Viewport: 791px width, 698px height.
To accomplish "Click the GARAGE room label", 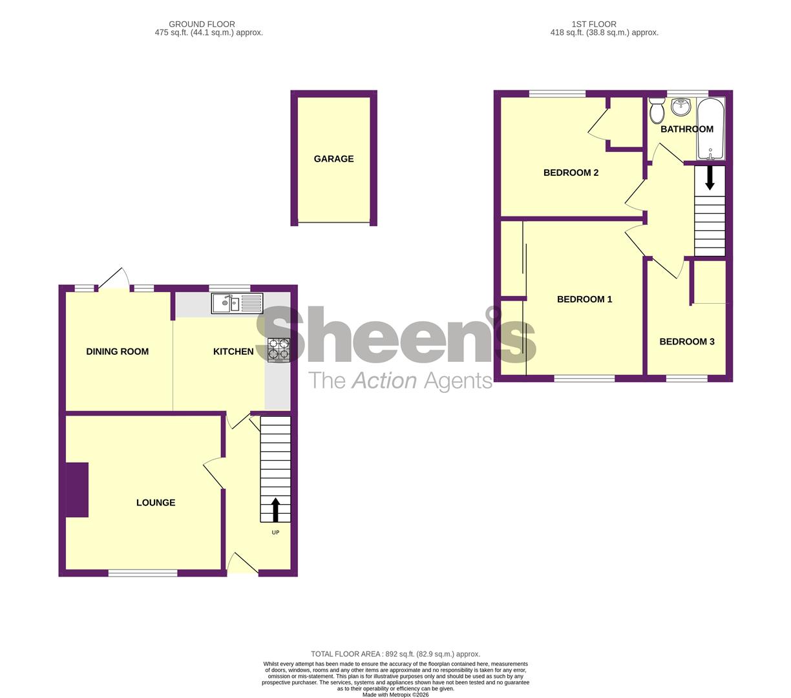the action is click(333, 158).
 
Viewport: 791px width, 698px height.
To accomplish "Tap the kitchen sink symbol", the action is click(237, 304).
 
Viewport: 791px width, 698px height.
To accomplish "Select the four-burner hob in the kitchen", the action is click(279, 350).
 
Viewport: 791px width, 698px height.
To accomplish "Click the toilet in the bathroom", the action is click(657, 110).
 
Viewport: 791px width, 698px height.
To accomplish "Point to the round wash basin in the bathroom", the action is click(681, 107).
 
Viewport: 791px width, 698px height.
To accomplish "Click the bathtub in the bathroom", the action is click(711, 129).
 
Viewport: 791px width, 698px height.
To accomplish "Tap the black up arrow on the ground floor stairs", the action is click(275, 510).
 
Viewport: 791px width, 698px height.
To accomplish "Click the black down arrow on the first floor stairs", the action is click(710, 178).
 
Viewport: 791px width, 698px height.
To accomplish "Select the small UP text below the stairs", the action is click(275, 533).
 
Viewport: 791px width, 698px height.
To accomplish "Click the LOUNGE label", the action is click(155, 502).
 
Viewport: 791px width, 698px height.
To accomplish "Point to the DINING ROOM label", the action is click(117, 352).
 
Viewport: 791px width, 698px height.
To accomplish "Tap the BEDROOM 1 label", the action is click(584, 299).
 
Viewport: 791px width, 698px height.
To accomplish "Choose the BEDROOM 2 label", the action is click(571, 173).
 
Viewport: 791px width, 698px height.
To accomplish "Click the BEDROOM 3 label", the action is click(687, 342).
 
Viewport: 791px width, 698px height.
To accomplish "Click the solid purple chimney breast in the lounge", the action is click(77, 490).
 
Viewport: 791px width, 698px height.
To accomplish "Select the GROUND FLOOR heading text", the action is click(202, 24).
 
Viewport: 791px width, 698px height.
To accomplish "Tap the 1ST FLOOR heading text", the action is click(594, 24).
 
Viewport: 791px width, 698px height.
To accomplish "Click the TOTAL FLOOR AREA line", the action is click(395, 654).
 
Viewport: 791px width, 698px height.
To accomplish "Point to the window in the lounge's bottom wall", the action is click(143, 573).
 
